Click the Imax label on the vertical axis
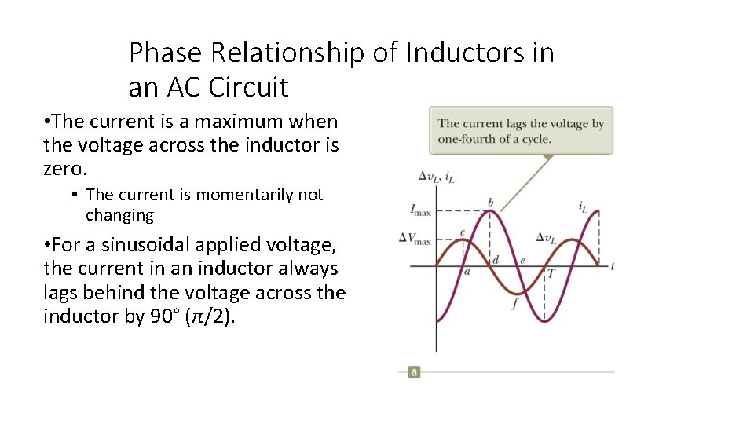421,210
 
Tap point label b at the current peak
491,203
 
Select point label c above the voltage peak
462,232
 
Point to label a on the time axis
467,272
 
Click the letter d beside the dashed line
496,259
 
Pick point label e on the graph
522,260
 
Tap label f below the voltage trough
514,304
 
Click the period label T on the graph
551,273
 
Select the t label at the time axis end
612,266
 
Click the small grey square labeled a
413,371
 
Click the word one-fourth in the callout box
467,139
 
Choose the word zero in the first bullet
61,169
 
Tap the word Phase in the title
159,53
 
